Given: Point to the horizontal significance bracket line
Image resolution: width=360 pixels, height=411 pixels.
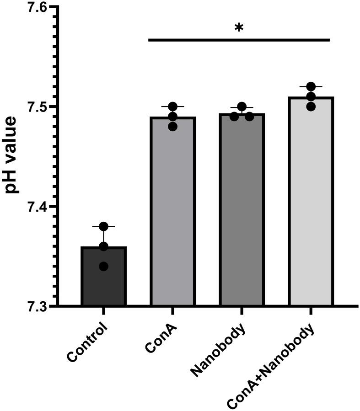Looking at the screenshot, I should coord(239,40).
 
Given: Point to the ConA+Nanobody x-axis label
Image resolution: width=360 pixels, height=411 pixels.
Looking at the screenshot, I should coord(273,366).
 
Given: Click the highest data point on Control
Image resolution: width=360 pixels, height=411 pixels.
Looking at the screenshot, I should coord(103,226).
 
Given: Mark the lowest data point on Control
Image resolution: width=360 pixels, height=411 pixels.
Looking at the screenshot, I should coord(103,266).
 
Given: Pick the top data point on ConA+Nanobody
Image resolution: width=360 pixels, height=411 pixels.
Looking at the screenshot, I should coord(311,87).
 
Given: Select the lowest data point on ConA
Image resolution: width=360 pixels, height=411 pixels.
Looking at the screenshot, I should coord(172,127).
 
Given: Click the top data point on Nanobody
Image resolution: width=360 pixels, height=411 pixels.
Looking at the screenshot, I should coord(242,107).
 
